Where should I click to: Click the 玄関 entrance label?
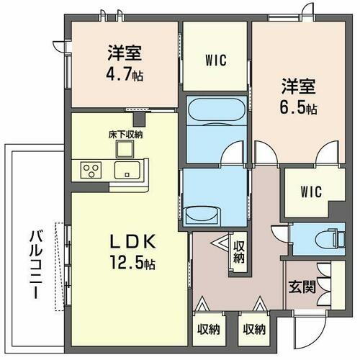pyautogui.click(x=301, y=287)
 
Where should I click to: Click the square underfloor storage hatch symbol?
pyautogui.click(x=125, y=149)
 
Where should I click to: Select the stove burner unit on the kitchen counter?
pyautogui.click(x=92, y=171)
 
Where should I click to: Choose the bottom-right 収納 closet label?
pyautogui.click(x=253, y=330)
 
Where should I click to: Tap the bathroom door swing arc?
pyautogui.click(x=232, y=154)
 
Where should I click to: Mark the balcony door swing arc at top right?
pyautogui.click(x=308, y=11)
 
